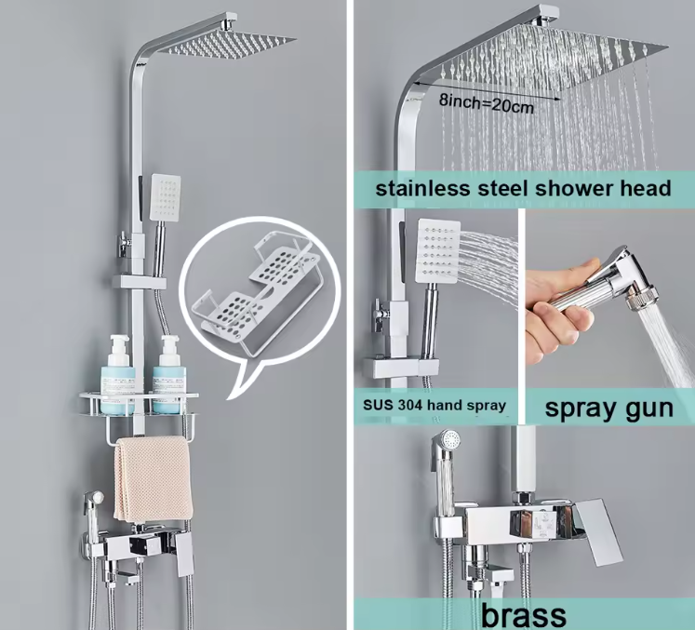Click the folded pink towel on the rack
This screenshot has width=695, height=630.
[153, 479]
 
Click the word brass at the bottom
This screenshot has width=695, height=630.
[524, 615]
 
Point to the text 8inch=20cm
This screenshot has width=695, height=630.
[487, 103]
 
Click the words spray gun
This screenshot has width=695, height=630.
[608, 408]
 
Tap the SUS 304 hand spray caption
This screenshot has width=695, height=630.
[434, 405]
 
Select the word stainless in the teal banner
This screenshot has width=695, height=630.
[422, 188]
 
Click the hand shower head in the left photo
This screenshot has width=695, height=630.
[165, 197]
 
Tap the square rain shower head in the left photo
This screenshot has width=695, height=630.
[226, 45]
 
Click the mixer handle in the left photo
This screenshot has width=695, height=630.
[185, 555]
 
